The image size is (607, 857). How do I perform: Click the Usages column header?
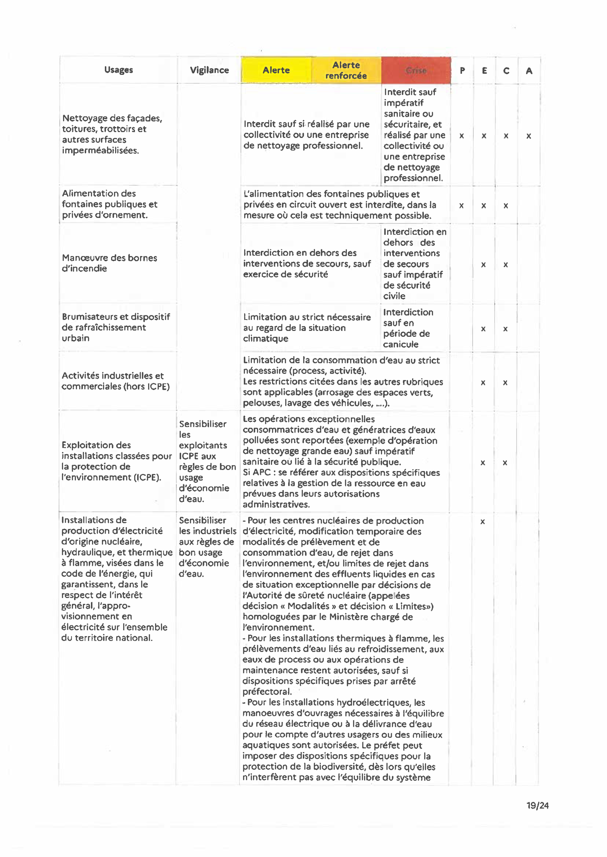(x=119, y=70)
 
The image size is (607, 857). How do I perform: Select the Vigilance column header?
(x=209, y=70)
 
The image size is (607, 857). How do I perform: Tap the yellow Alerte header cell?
(x=276, y=70)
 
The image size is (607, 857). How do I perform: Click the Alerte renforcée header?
(x=346, y=70)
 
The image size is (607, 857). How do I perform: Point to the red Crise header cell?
(x=416, y=70)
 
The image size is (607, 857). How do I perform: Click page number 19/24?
(x=538, y=805)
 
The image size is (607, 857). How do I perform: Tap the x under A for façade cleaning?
(x=529, y=136)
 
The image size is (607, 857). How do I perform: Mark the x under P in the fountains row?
(x=462, y=206)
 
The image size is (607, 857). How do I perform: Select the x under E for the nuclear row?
(x=483, y=522)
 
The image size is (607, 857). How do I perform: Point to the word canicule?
(x=401, y=344)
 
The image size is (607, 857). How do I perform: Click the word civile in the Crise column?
(x=394, y=296)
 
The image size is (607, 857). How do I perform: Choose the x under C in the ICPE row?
(x=505, y=463)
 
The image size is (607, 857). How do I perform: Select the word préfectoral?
(x=267, y=691)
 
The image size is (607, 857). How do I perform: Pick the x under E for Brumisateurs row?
(x=483, y=329)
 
